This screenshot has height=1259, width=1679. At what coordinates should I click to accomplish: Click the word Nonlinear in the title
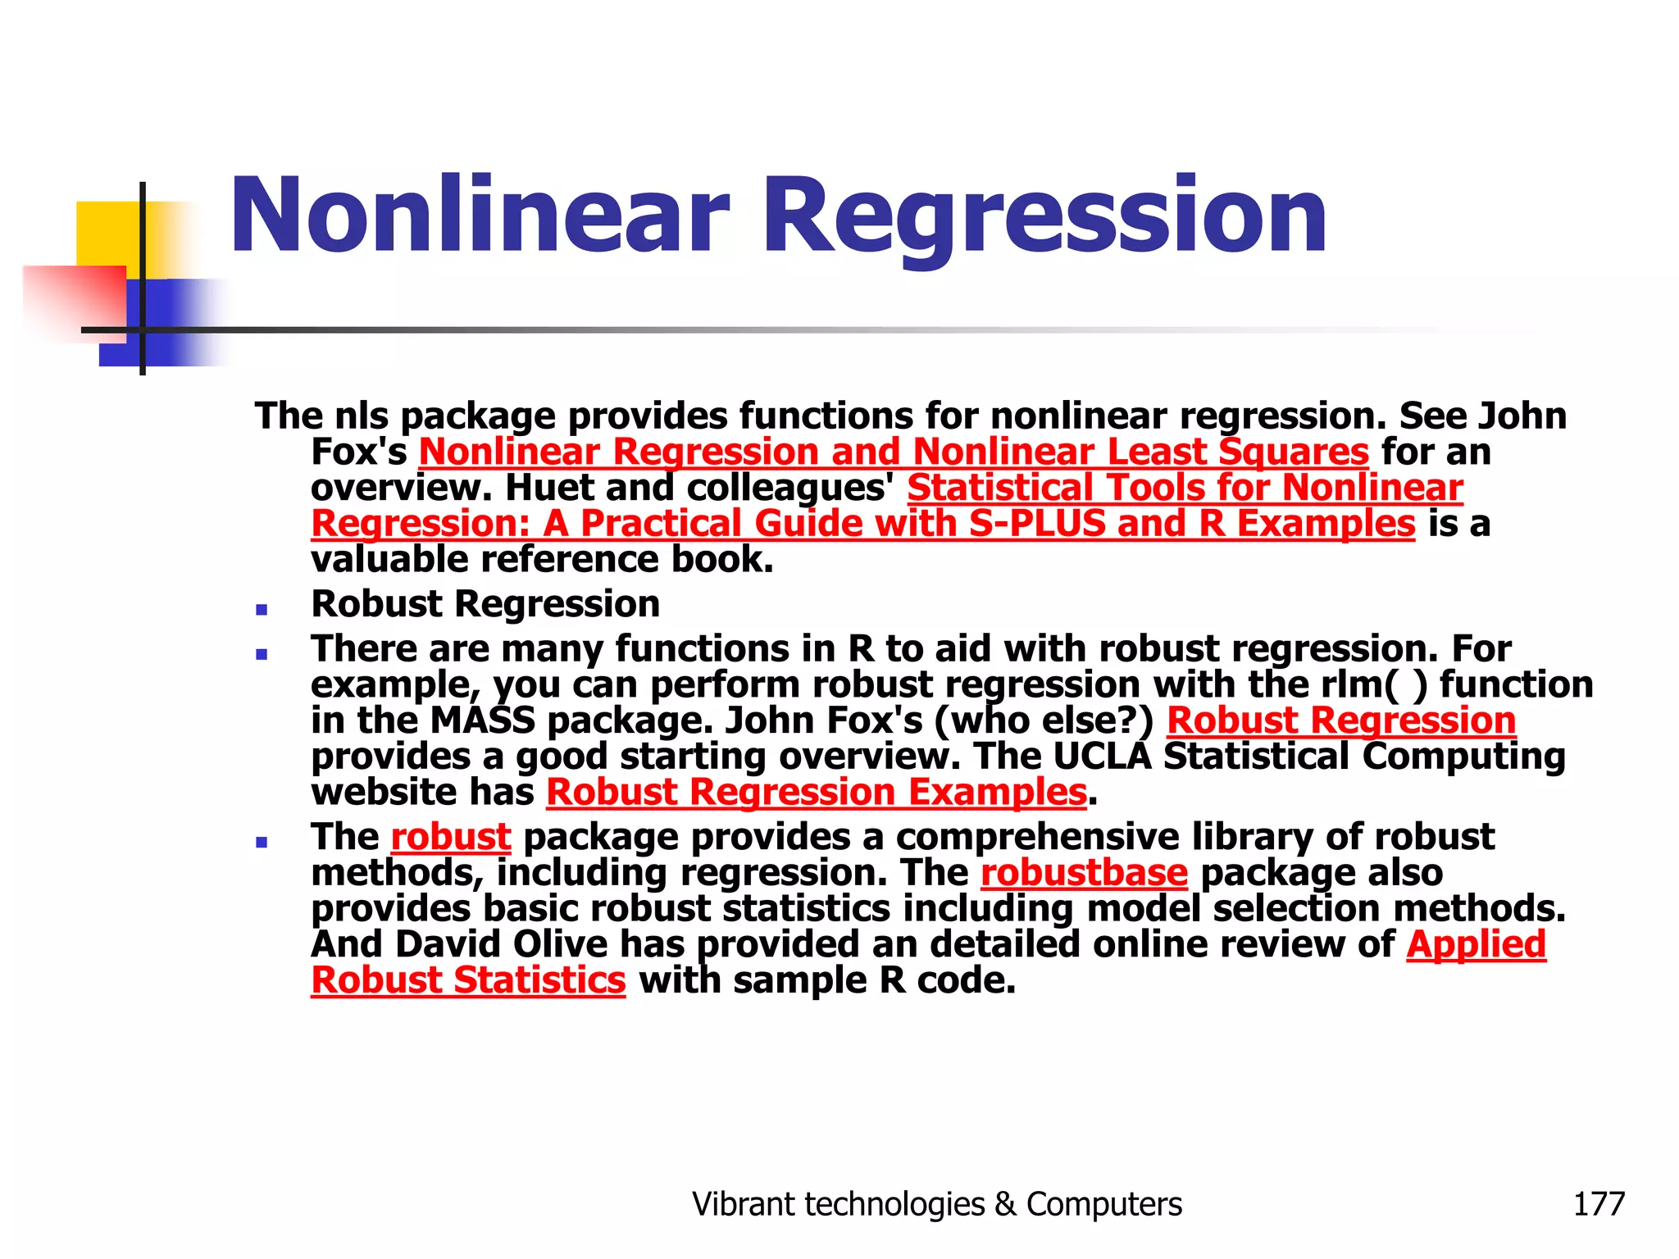tap(480, 215)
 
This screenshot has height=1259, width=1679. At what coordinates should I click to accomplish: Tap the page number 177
tap(1598, 1204)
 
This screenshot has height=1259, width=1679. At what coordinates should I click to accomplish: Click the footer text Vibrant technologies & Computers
tap(937, 1204)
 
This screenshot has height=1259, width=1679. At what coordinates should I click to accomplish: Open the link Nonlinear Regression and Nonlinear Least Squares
tap(894, 452)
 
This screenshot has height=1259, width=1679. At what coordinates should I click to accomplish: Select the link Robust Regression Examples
tap(816, 793)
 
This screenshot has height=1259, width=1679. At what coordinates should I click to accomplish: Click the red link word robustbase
tap(1084, 872)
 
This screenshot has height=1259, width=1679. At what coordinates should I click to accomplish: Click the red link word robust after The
tap(451, 837)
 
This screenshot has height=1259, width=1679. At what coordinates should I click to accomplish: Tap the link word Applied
tap(1476, 944)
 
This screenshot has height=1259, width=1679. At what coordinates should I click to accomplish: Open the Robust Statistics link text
tap(468, 980)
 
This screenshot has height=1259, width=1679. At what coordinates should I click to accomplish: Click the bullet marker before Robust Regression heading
tap(262, 610)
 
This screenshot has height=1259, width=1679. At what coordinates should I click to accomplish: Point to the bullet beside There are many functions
tap(262, 654)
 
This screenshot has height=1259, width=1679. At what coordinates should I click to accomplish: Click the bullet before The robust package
tap(262, 842)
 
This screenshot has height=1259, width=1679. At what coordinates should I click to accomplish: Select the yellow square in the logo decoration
tap(107, 234)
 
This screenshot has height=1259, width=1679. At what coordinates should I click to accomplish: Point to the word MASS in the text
tap(482, 720)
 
